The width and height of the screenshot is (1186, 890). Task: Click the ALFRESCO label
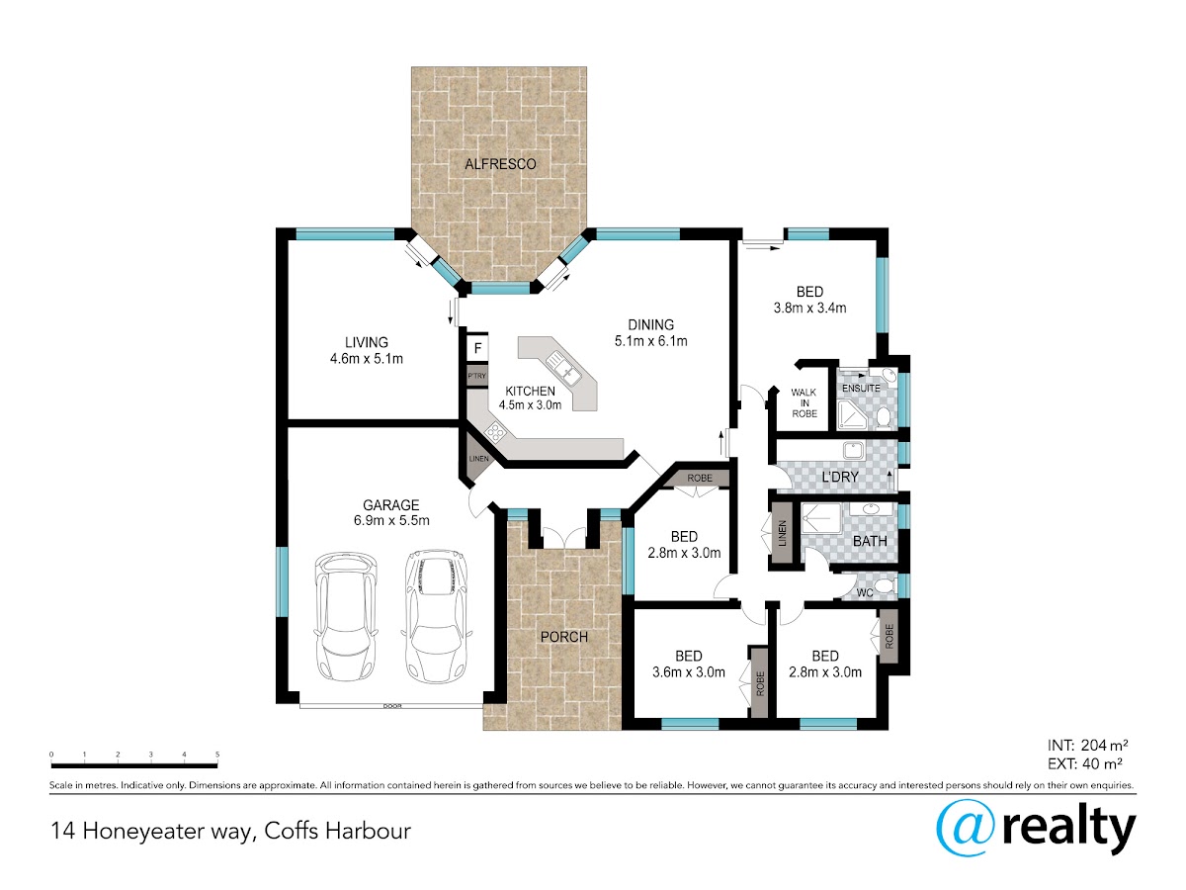[500, 164]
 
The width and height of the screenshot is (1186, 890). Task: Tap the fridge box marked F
[477, 348]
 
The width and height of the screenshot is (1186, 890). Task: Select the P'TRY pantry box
[476, 376]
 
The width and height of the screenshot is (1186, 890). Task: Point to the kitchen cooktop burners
[495, 432]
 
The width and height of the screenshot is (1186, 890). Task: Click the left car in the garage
[346, 616]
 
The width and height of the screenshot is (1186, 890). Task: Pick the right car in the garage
[436, 616]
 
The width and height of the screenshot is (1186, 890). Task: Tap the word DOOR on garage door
[392, 706]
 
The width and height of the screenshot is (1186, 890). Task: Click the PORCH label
[564, 637]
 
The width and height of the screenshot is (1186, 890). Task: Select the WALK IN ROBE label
[804, 403]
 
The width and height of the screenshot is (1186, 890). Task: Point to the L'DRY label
[840, 478]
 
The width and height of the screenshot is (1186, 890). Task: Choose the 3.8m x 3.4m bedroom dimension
[809, 309]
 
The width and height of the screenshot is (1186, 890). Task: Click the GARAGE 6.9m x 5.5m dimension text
[391, 521]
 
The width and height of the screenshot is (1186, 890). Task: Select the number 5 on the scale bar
[217, 755]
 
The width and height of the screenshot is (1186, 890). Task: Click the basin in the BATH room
[871, 509]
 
